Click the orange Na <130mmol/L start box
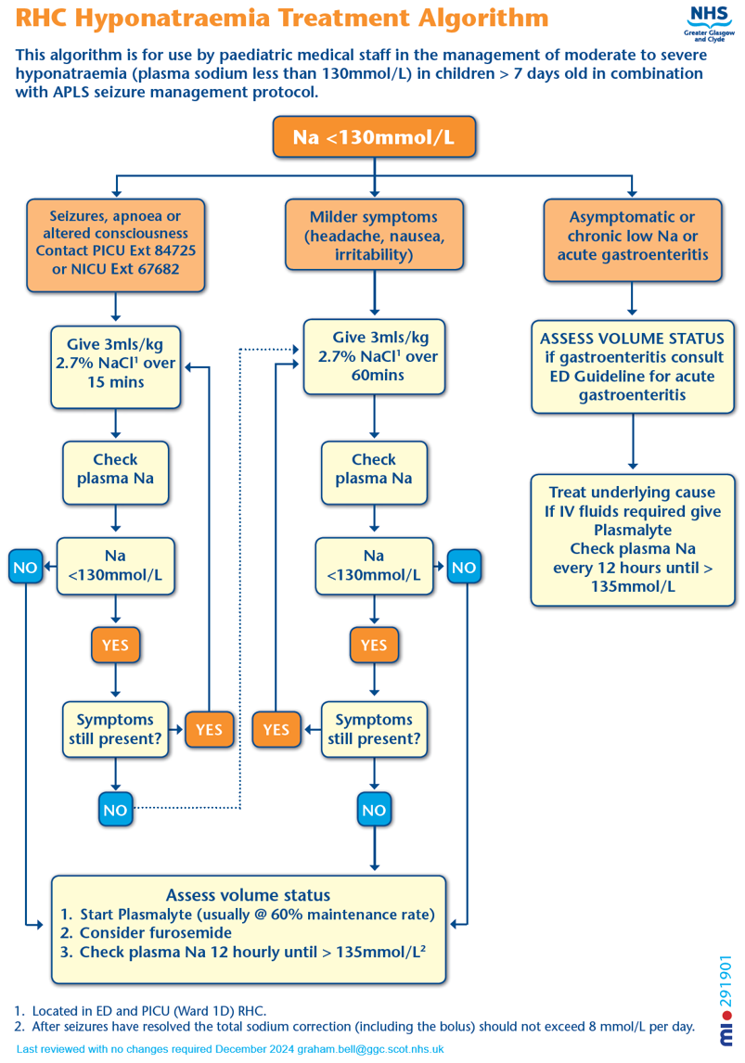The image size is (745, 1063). tap(374, 137)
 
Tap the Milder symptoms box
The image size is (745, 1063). tap(373, 235)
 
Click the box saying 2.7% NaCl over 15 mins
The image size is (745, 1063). tap(115, 363)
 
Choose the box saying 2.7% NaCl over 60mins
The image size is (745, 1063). tap(374, 355)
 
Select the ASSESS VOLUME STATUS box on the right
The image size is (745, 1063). tap(632, 365)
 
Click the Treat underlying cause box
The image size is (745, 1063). tap(632, 540)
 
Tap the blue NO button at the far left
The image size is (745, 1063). tap(26, 567)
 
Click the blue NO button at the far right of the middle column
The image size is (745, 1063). tap(463, 567)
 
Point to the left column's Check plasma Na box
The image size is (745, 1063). tap(115, 469)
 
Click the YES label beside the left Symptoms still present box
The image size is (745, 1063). tap(209, 729)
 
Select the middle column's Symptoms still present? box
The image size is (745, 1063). tap(374, 729)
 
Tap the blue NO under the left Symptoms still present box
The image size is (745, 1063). tap(115, 810)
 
